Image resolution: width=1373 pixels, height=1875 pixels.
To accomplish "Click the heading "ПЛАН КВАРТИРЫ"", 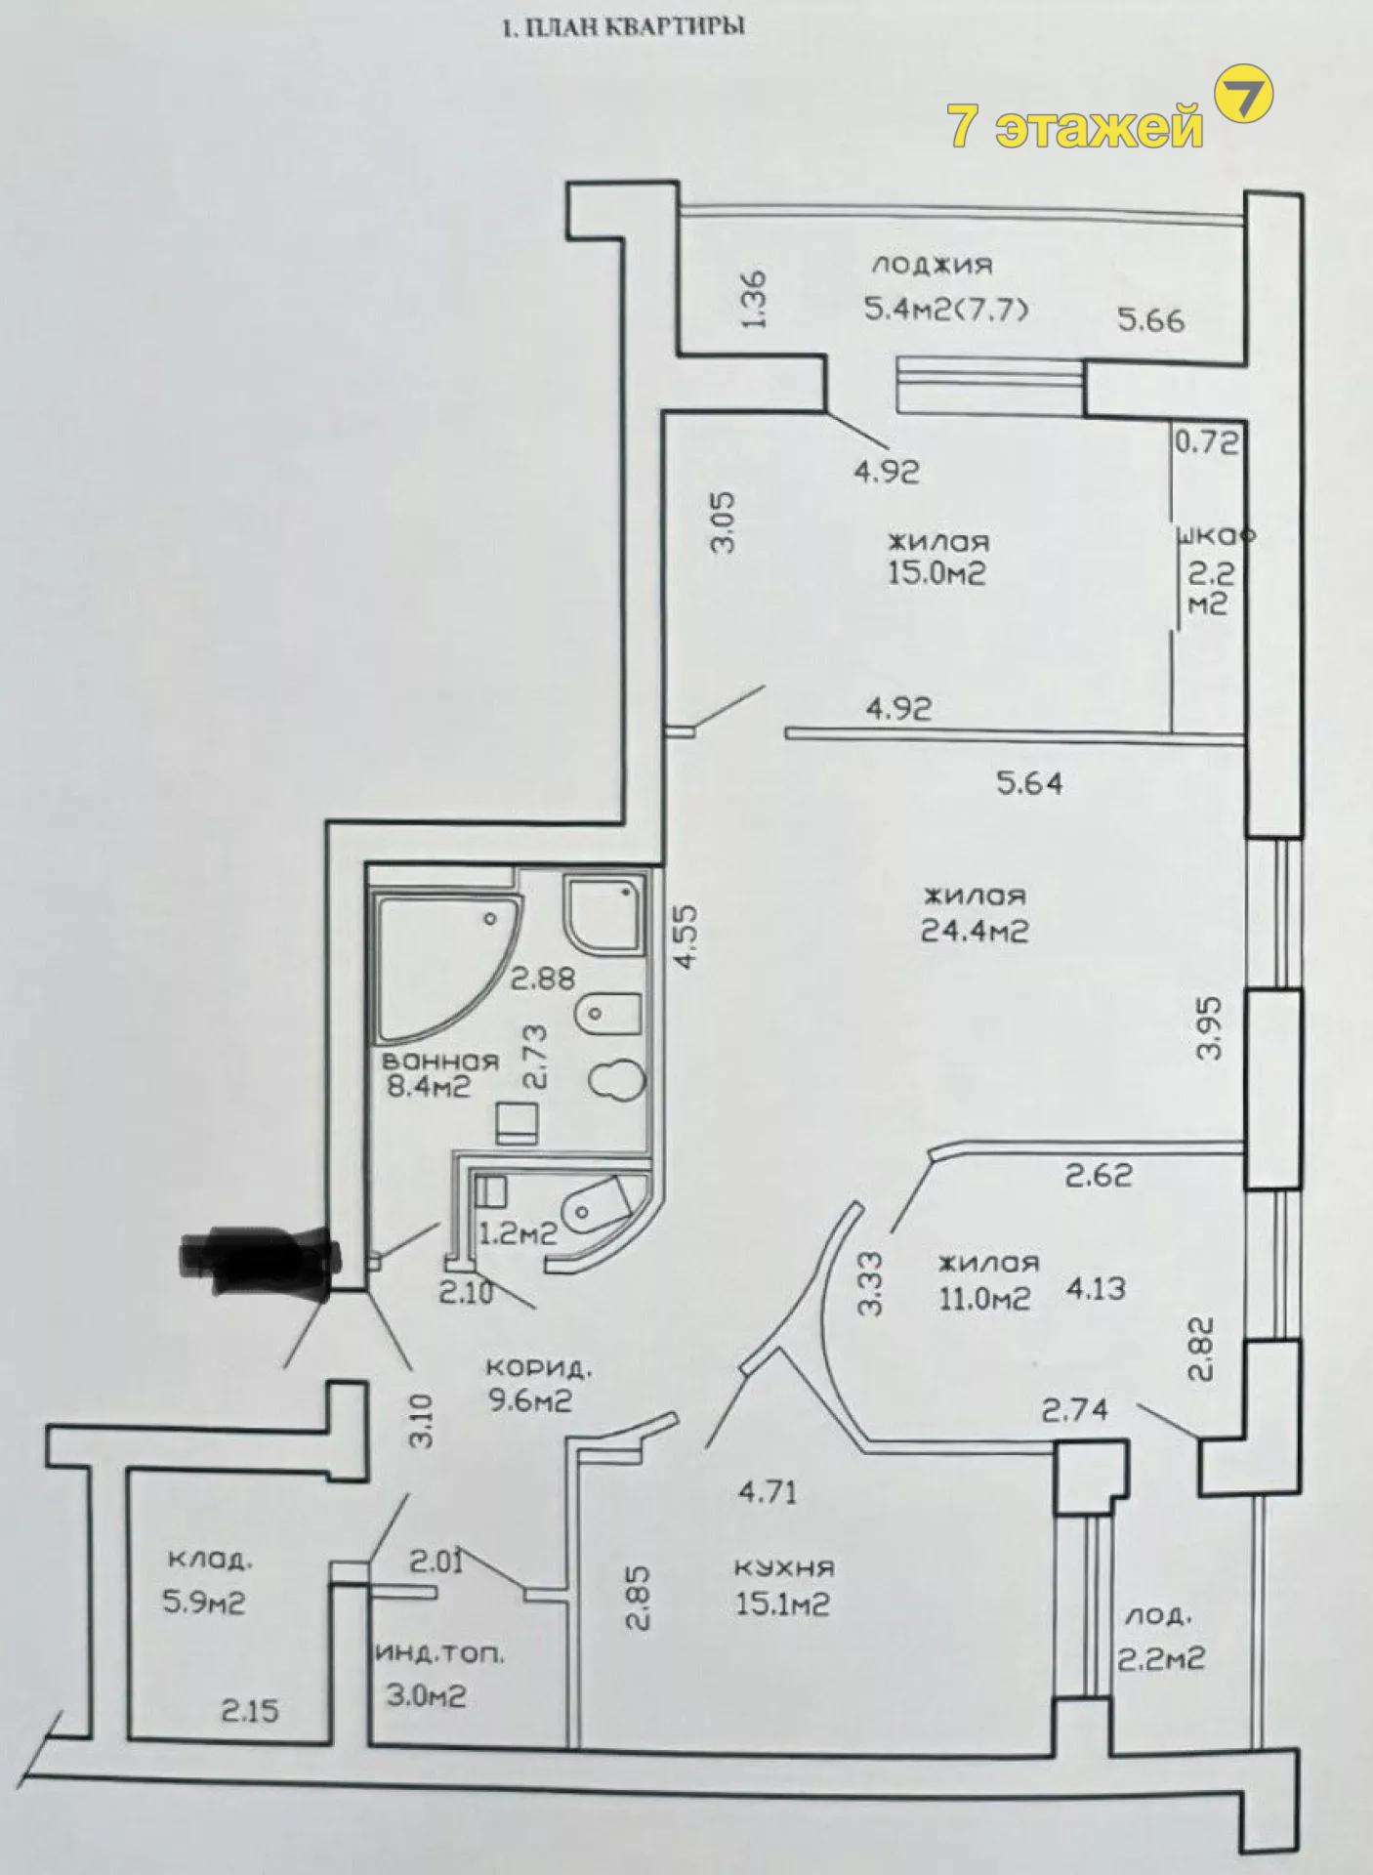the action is [x=635, y=26].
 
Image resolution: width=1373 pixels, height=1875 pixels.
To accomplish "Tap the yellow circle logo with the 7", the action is [x=1243, y=93].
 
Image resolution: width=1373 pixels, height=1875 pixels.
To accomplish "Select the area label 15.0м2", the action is [x=936, y=572].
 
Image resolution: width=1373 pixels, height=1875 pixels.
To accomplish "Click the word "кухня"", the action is [x=784, y=1568].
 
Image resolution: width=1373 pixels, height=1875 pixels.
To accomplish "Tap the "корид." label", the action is [x=538, y=1367].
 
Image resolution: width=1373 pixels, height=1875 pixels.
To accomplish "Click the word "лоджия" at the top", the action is [x=932, y=264].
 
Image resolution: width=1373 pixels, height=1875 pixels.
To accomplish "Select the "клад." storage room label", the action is [x=210, y=1560].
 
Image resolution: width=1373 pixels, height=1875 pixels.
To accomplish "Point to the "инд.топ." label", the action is [x=440, y=1654].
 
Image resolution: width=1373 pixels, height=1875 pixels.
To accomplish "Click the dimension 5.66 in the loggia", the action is [x=1150, y=319].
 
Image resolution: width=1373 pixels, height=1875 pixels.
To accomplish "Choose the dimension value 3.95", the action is [x=1209, y=1027].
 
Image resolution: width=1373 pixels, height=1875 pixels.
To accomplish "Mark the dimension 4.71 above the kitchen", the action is [x=768, y=1491].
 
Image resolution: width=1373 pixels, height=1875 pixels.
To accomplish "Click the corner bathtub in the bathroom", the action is [x=448, y=967].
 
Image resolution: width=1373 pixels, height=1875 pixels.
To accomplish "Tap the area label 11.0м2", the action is [x=983, y=1298].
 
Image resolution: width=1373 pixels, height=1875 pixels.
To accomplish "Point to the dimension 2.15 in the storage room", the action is [x=249, y=1710].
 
